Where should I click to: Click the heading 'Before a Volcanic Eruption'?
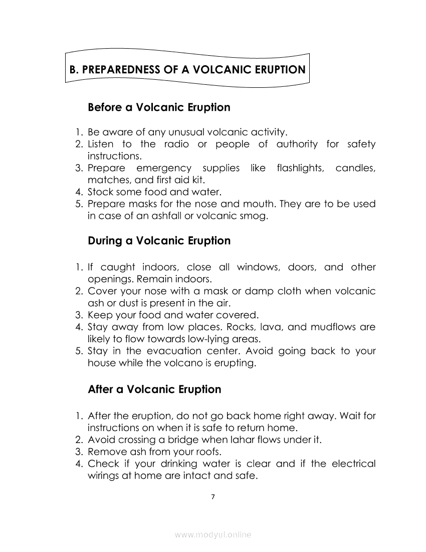point(159,107)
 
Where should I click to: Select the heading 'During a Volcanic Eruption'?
point(159,241)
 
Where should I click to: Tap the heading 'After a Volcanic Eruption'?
point(154,389)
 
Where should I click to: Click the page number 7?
point(213,497)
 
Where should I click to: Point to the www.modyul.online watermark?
point(213,534)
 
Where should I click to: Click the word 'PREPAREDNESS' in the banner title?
point(121,70)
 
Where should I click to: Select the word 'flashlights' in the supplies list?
point(300,168)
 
